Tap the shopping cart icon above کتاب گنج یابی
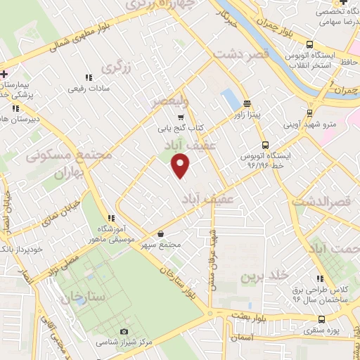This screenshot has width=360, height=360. click(181, 117)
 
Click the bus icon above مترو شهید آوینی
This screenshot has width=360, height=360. click(309, 112)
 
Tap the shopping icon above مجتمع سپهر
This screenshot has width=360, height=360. click(161, 234)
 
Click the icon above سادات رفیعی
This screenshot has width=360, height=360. click(88, 77)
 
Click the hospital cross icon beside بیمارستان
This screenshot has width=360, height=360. click(4, 74)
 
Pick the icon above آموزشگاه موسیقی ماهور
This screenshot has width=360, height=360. click(110, 219)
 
